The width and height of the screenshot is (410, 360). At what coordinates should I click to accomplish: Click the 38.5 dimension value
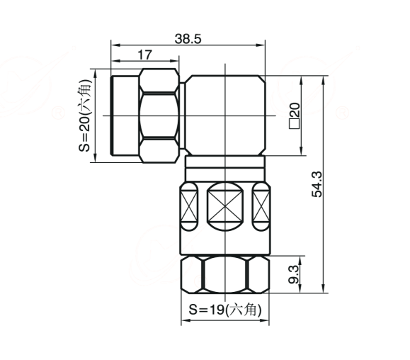pyautogui.click(x=188, y=39)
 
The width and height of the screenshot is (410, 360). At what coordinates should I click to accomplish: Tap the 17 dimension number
pyautogui.click(x=144, y=55)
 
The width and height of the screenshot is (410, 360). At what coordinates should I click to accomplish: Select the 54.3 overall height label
pyautogui.click(x=317, y=184)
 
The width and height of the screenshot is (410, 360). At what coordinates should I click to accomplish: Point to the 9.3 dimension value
pyautogui.click(x=293, y=274)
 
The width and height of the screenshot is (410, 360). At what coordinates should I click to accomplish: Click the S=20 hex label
pyautogui.click(x=85, y=116)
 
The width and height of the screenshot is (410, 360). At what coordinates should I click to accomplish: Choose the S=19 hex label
pyautogui.click(x=225, y=310)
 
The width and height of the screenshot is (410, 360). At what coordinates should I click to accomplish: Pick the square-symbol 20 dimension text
pyautogui.click(x=295, y=116)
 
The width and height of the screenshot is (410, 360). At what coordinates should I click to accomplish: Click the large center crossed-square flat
pyautogui.click(x=225, y=206)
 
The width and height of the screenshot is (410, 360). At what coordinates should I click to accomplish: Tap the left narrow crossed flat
pyautogui.click(x=189, y=206)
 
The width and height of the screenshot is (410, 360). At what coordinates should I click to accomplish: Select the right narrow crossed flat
pyautogui.click(x=261, y=206)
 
